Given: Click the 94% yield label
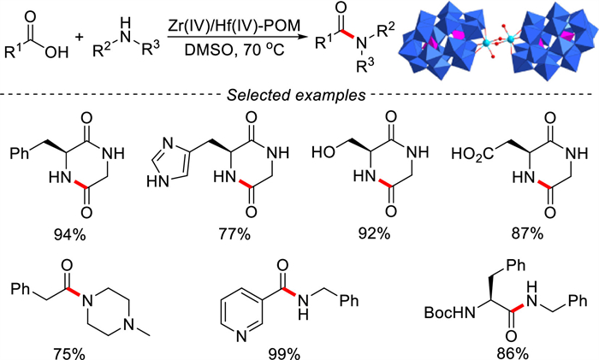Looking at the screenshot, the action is coord(70,234).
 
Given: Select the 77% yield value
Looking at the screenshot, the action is coord(234,233).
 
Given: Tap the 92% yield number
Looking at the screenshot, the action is coord(375,233).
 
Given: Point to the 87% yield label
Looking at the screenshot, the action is coord(527,233).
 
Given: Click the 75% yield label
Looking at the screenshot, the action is coord(69,354).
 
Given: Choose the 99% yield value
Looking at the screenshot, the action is coord(284,354).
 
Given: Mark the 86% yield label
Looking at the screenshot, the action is coord(513,354).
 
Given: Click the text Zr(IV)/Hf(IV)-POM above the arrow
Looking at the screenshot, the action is coord(234,26).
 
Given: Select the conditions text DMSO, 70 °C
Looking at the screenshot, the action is coord(234,50).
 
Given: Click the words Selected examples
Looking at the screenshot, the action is coord(296,95).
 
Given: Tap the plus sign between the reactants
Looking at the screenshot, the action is coord(80,37).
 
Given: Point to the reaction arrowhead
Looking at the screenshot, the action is coord(303,38).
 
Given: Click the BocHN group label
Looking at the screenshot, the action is coord(450,313).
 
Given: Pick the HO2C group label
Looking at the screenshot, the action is coord(472,155).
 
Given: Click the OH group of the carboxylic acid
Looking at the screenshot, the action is coord(56,52).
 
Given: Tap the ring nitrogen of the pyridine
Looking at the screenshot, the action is coord(241,337).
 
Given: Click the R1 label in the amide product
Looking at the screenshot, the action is coord(323,42).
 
